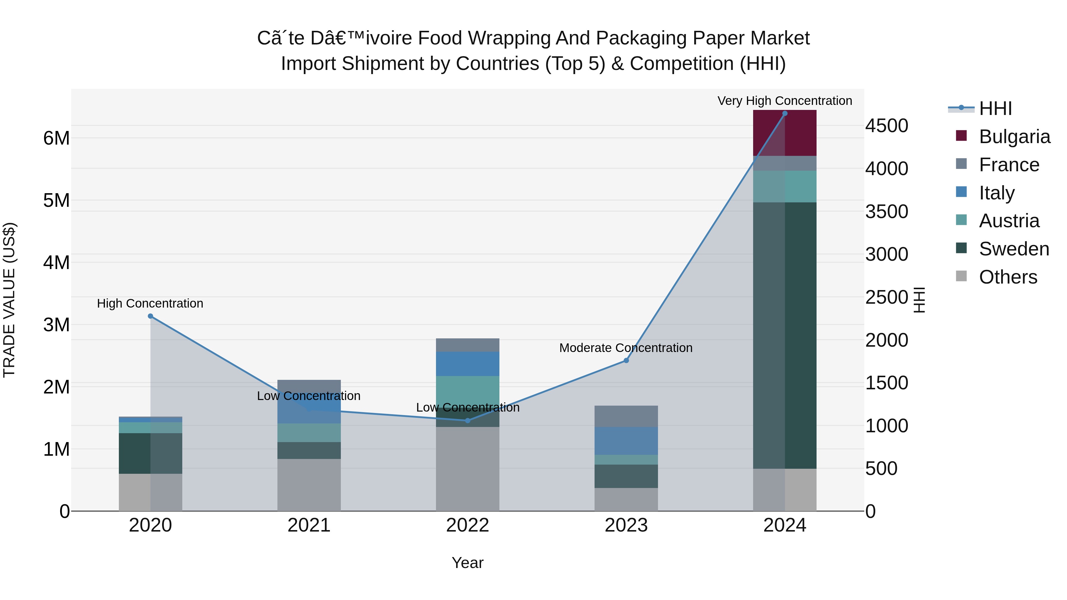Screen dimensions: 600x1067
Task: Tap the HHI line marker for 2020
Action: [x=150, y=316]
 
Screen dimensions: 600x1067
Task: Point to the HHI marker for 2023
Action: [x=626, y=361]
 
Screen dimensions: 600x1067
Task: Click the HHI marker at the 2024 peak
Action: [x=785, y=113]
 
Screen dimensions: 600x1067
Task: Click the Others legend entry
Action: [x=1007, y=277]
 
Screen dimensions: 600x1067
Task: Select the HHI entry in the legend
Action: [x=995, y=108]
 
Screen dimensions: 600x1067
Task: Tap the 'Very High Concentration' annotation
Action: [x=785, y=101]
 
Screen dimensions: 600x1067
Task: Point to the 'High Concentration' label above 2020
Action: [x=150, y=303]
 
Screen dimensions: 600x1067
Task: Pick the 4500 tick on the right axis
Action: [x=886, y=126]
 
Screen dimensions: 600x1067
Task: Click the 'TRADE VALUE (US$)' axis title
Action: [x=9, y=300]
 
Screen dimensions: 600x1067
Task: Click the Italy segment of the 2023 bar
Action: [x=626, y=441]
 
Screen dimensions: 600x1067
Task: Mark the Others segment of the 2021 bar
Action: [x=309, y=484]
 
